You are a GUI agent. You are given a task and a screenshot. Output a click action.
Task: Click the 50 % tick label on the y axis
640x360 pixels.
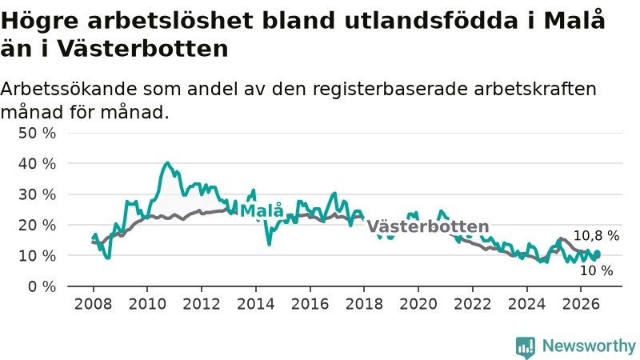coord(37,133)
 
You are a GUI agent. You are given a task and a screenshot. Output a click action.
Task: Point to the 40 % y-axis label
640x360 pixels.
coord(37,164)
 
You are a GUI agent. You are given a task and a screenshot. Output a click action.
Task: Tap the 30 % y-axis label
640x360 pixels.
coord(37,194)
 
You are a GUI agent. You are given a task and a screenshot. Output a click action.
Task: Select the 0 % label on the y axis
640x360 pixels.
coord(42,286)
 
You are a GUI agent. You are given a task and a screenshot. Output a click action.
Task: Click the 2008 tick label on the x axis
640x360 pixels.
coord(93,304)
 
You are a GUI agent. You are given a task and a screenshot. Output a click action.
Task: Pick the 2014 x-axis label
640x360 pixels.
coord(256,304)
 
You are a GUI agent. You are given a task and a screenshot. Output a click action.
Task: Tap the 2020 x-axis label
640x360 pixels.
coord(418,304)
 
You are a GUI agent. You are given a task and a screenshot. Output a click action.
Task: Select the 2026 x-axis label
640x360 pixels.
coord(581,304)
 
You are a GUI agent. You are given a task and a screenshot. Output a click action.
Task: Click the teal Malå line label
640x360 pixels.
coord(262,210)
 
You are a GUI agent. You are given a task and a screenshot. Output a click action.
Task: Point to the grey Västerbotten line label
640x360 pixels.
coord(428,226)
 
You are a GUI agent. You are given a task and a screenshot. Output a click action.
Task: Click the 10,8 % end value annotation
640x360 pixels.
coord(596,235)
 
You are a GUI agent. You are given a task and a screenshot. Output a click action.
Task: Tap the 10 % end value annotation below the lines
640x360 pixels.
coord(596,270)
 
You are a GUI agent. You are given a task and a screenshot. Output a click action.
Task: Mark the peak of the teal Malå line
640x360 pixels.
coord(167,163)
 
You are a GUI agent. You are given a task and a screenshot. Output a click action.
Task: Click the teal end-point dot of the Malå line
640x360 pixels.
coord(598,254)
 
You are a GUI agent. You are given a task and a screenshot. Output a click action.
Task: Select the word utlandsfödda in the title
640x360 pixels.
coord(431,21)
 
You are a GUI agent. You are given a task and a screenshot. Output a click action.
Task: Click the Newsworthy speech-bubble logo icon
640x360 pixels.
coord(526,347)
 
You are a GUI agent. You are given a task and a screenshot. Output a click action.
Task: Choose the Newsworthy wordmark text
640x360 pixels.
coord(589,346)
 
